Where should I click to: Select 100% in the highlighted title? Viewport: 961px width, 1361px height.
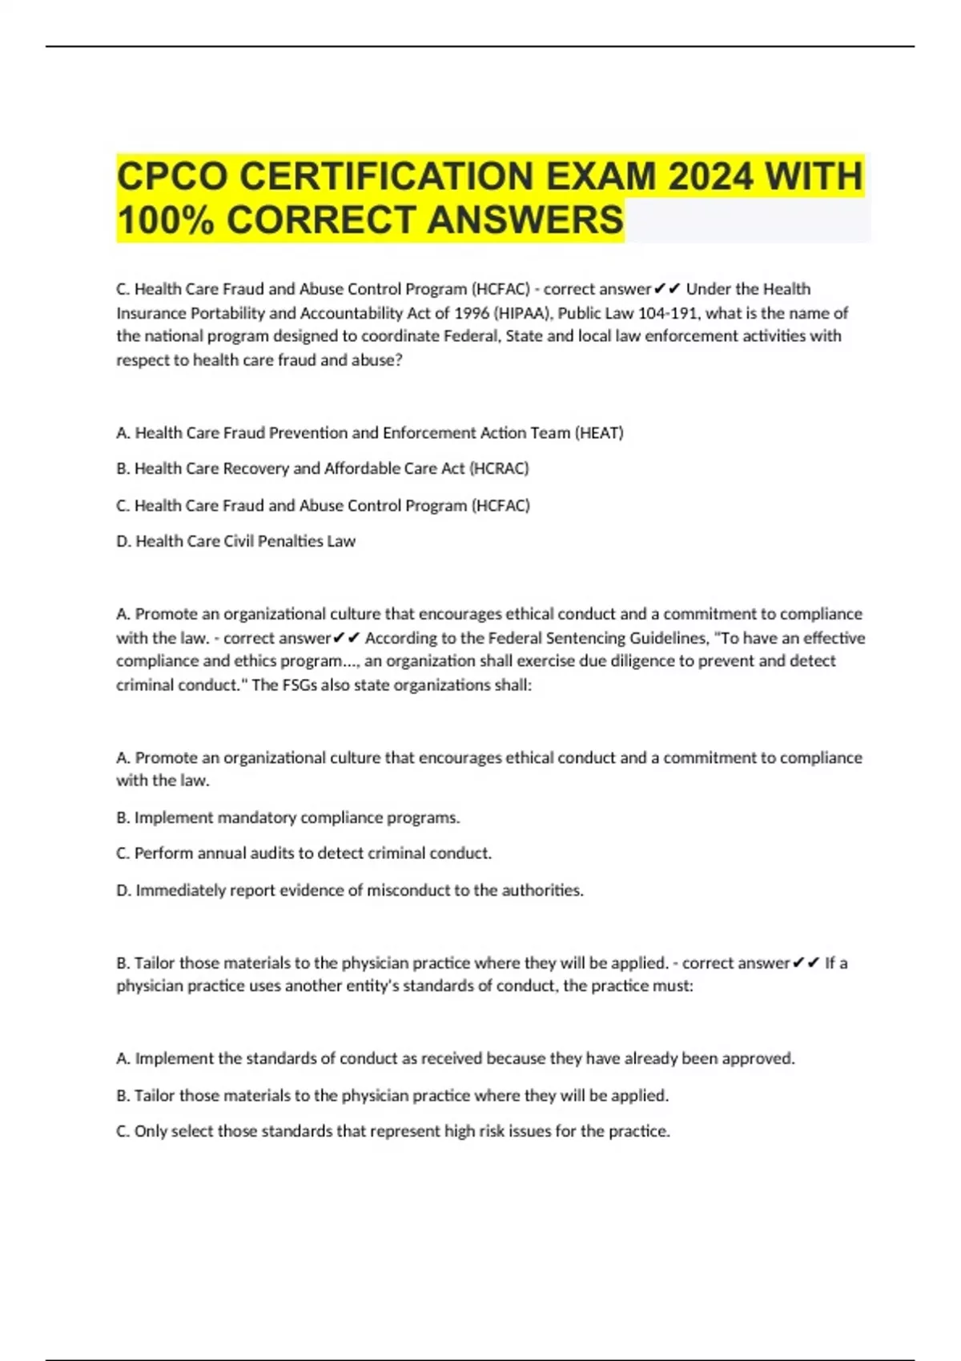165,220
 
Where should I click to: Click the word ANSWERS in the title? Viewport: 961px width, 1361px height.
525,220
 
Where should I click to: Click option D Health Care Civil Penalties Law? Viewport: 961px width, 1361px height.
236,541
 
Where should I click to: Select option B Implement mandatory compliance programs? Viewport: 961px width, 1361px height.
288,817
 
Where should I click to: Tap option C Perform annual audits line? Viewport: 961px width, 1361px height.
304,853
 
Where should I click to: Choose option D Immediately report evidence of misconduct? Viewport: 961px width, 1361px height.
350,890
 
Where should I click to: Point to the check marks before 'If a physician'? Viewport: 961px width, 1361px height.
806,963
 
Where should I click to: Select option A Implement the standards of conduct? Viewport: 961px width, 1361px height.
455,1058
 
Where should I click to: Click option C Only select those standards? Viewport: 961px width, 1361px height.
393,1131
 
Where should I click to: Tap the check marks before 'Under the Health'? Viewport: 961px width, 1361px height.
667,289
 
